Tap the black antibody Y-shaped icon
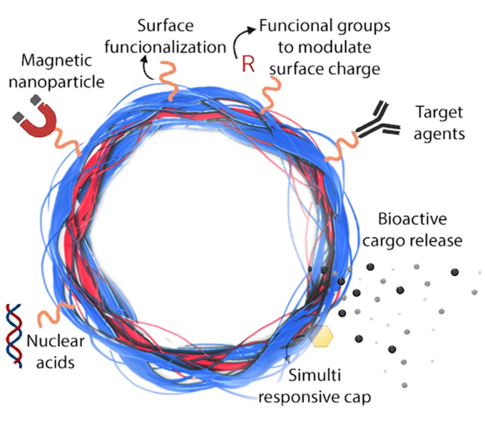pos(376,118)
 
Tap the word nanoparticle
pos(63,82)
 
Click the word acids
pos(55,362)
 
